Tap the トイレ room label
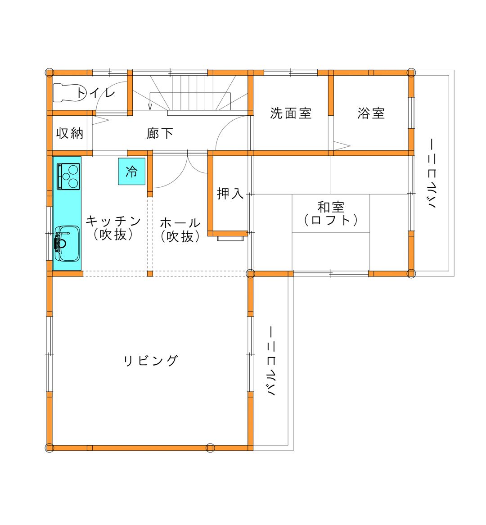coord(96,92)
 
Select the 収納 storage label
coord(70,133)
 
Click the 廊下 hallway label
coord(160,133)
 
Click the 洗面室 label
coord(291,113)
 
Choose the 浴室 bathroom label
coord(371,113)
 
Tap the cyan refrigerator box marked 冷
coord(131,171)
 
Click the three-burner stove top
coord(68,177)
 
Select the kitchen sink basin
coord(67,243)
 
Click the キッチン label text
coord(113,221)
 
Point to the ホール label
coord(180,223)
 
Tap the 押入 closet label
coord(230,194)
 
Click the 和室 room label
coord(331,207)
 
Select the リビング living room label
coord(150,361)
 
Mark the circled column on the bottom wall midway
coord(210,448)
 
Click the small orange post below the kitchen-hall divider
coord(150,274)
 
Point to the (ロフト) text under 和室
coord(331,220)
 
